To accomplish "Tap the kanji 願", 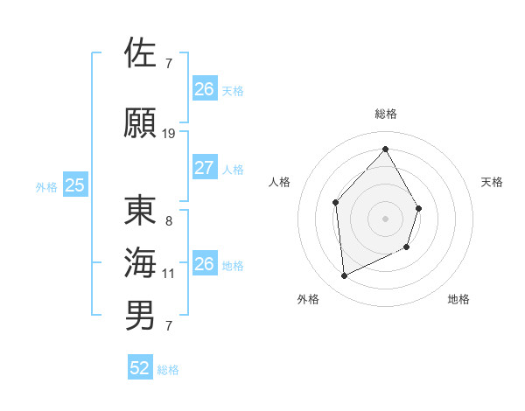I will coord(141,122).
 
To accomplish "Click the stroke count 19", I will coord(169,134).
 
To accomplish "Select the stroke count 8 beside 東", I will coord(169,221).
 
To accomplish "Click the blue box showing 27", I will coord(204,168).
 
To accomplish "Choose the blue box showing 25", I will coord(75,185).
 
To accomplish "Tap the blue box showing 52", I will coord(140,368).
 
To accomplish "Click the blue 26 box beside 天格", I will coord(204,89).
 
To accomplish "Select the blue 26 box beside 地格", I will coord(204,264).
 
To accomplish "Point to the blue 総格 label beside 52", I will coord(168,370).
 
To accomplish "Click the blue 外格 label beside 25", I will coord(46,186).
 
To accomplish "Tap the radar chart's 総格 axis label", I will coord(385,114).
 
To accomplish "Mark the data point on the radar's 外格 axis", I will coord(344,275).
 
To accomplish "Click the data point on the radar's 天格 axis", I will coord(419,208).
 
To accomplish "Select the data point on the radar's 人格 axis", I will coord(335,203).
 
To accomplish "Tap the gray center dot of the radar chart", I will coord(385,219).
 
